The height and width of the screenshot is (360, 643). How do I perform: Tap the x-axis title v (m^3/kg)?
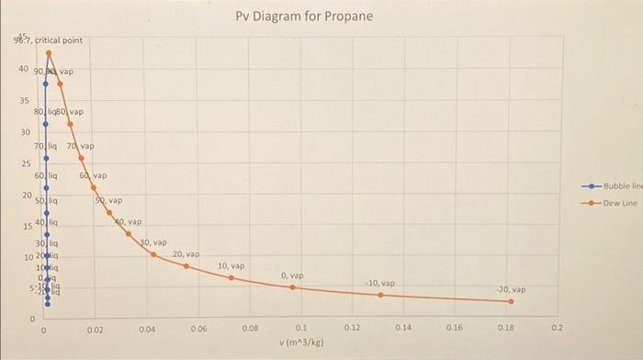click(300, 342)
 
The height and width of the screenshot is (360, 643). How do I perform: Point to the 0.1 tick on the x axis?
click(300, 327)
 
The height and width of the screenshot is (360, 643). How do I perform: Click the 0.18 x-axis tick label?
click(505, 327)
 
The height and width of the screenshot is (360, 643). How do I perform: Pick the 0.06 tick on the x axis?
click(198, 327)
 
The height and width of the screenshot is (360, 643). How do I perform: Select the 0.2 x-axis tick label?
click(555, 327)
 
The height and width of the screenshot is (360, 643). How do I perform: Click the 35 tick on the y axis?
click(25, 100)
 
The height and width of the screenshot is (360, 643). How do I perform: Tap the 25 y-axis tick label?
click(25, 163)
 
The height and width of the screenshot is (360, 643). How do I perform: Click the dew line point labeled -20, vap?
click(513, 301)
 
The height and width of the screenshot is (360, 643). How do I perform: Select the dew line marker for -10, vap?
click(380, 295)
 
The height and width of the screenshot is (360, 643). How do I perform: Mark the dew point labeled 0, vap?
click(292, 287)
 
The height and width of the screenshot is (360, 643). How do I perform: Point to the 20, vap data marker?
click(186, 266)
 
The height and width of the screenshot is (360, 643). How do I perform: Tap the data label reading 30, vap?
click(152, 243)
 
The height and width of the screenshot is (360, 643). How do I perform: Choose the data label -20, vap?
click(511, 288)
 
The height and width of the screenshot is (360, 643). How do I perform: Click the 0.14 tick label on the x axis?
click(403, 327)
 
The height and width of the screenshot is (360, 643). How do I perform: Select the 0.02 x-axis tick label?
click(96, 327)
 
